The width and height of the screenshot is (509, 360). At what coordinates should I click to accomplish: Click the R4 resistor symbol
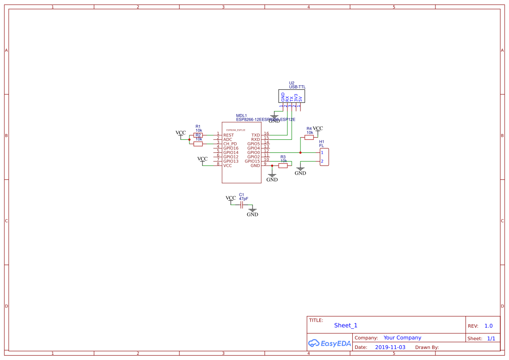click(309, 138)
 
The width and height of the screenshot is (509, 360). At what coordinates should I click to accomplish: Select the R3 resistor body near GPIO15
click(283, 165)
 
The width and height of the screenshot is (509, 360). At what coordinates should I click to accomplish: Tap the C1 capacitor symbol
click(242, 205)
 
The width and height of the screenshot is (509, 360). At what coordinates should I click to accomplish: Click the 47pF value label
click(243, 199)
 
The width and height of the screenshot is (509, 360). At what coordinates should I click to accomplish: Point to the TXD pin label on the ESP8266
click(256, 135)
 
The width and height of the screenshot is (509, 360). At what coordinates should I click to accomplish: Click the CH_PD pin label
click(230, 144)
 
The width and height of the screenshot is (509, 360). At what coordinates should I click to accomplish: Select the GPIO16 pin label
click(231, 148)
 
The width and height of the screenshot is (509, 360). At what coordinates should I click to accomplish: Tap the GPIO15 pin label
click(252, 161)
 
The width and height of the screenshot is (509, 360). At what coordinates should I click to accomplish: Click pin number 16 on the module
click(266, 134)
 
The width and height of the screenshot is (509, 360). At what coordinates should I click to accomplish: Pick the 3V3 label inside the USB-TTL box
click(296, 98)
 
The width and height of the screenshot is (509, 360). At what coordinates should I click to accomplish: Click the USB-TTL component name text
click(297, 87)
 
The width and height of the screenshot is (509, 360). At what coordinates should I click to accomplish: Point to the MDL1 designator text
click(241, 116)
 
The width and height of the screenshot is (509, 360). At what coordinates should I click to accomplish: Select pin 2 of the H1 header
click(322, 161)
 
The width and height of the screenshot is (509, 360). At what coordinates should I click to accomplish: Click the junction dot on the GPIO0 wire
click(300, 153)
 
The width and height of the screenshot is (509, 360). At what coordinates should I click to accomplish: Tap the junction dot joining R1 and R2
click(189, 140)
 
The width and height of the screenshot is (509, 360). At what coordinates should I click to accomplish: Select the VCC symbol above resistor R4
click(318, 129)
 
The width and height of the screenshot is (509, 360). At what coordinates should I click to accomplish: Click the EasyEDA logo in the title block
click(329, 343)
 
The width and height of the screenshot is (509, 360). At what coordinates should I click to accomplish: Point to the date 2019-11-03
click(390, 347)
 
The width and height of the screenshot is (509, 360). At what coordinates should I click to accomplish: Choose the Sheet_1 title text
click(346, 325)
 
